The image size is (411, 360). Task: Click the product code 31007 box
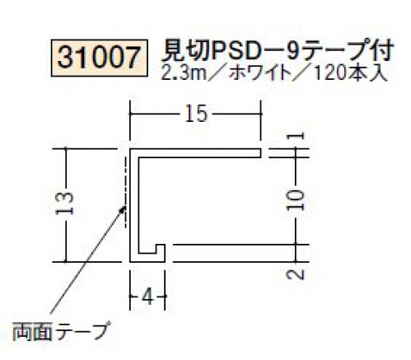click(100, 58)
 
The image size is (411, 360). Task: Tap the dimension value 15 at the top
click(196, 114)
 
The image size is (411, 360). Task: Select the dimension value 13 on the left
click(65, 203)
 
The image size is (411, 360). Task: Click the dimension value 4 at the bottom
click(148, 297)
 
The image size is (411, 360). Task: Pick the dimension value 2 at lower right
click(296, 274)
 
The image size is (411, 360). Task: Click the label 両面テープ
click(61, 330)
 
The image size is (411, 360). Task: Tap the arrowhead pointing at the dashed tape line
click(123, 209)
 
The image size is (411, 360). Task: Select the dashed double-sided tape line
click(125, 192)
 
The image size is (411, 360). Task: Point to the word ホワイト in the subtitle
click(259, 73)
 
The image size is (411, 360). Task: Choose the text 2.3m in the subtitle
click(184, 73)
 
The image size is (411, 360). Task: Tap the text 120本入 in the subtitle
click(350, 73)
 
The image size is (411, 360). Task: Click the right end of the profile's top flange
click(260, 153)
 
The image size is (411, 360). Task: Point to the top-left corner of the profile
click(130, 149)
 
